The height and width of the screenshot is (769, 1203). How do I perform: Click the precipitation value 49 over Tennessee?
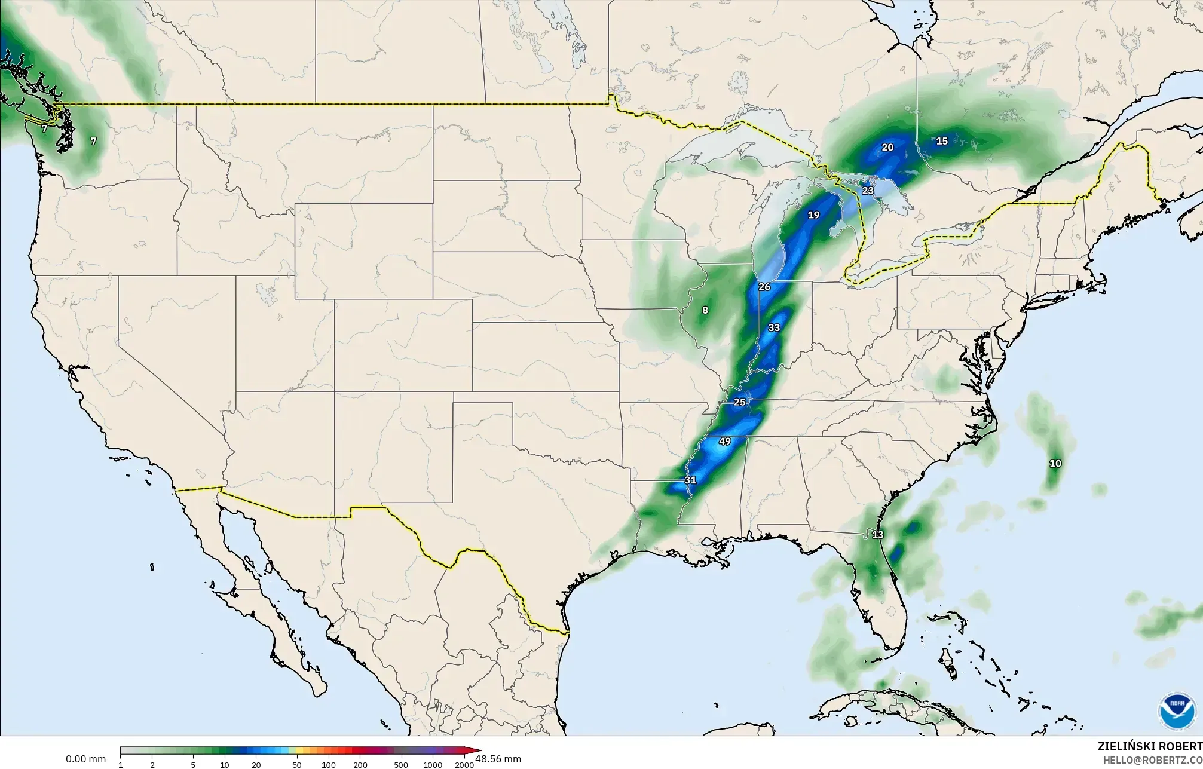click(x=724, y=442)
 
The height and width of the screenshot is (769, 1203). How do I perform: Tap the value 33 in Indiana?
click(x=774, y=327)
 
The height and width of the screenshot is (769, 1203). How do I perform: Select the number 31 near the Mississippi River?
click(x=690, y=480)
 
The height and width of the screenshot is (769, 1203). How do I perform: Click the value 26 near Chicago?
click(x=764, y=287)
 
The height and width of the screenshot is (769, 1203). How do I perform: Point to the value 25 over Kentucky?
click(x=740, y=402)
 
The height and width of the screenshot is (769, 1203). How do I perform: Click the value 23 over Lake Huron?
click(x=868, y=191)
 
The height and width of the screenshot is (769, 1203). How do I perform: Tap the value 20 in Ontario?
click(x=887, y=147)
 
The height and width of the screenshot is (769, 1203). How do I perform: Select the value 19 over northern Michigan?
click(x=813, y=215)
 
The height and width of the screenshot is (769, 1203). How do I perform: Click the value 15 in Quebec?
click(x=942, y=141)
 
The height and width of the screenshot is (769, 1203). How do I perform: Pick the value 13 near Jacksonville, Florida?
click(x=877, y=535)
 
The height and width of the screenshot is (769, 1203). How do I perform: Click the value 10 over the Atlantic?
click(x=1055, y=463)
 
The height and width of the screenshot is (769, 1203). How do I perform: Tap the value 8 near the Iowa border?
click(x=705, y=310)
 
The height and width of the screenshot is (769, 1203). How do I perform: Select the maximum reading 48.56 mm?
click(x=498, y=759)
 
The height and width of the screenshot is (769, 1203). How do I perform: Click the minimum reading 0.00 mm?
click(x=85, y=759)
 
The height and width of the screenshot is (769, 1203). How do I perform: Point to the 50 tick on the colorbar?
click(x=297, y=764)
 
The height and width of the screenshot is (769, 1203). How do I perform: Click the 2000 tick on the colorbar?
click(x=464, y=764)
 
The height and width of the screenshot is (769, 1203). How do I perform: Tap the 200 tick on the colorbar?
click(x=360, y=764)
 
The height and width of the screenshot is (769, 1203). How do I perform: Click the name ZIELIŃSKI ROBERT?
click(x=1149, y=746)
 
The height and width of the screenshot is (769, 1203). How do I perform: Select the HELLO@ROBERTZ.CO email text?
click(x=1152, y=759)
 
